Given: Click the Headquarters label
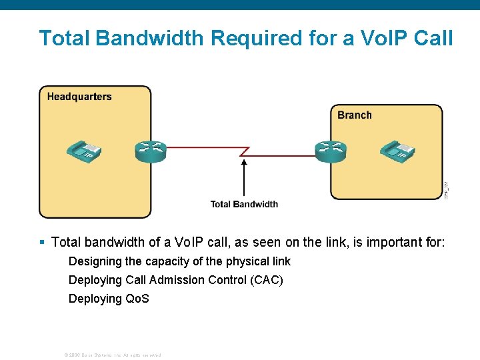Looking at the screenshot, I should point(79,97).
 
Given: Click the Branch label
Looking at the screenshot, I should point(354,115).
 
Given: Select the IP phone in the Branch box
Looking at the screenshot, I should point(398,152).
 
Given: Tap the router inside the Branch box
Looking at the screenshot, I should point(331,152).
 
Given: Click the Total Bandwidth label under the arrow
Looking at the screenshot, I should point(244,204).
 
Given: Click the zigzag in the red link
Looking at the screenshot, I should point(244,152).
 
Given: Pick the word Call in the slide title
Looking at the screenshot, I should point(432,38).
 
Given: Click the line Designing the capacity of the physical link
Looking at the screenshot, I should point(179,261).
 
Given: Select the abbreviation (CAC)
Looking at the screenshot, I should point(267,280).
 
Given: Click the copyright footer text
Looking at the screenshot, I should point(112,355).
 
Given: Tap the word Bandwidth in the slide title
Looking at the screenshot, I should point(151,38).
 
